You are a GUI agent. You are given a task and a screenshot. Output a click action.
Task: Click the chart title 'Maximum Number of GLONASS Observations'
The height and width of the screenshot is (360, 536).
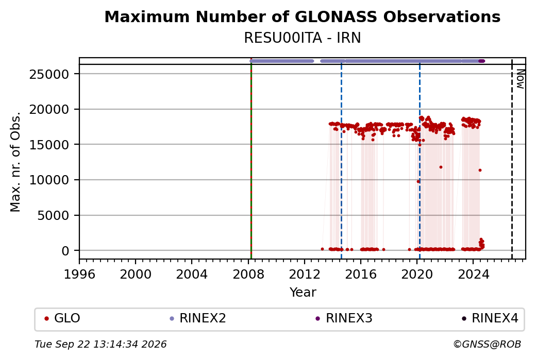[302, 16]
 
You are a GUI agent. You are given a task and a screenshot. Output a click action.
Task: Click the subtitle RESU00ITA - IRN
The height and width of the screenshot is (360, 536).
[302, 38]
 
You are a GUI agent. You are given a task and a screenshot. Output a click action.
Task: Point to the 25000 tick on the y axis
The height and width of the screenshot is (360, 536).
[49, 74]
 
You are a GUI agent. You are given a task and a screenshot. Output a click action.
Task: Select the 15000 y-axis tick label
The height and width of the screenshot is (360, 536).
[49, 145]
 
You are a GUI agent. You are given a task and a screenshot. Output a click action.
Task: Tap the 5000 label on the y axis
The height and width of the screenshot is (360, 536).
[53, 215]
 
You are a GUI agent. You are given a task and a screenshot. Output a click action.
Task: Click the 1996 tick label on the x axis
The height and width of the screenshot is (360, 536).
[79, 275]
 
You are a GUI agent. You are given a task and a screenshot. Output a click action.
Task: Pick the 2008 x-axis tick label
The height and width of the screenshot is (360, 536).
[248, 275]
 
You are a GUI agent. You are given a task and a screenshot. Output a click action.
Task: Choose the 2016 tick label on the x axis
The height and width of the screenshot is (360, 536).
[361, 275]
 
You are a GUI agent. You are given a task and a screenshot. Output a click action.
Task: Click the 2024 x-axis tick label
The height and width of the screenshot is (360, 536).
[473, 275]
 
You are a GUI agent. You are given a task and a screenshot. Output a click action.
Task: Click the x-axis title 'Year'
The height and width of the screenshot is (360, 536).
[303, 293]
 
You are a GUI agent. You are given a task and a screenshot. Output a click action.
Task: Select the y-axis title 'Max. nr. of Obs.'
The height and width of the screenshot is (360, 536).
[15, 162]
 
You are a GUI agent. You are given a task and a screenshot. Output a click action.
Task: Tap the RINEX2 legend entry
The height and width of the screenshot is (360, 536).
[198, 318]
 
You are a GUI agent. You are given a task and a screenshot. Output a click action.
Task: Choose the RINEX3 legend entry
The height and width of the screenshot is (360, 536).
[344, 318]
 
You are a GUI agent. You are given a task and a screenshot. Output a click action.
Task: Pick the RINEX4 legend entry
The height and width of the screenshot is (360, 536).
[490, 318]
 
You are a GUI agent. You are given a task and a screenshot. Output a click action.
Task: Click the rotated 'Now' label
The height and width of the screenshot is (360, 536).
[520, 79]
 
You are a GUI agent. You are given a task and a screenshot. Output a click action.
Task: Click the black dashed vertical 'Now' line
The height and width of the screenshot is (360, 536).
[512, 159]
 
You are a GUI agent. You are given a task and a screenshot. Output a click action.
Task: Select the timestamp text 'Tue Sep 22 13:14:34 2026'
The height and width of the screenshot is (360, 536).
[100, 344]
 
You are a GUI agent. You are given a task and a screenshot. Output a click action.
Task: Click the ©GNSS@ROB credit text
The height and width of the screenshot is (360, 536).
[487, 344]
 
